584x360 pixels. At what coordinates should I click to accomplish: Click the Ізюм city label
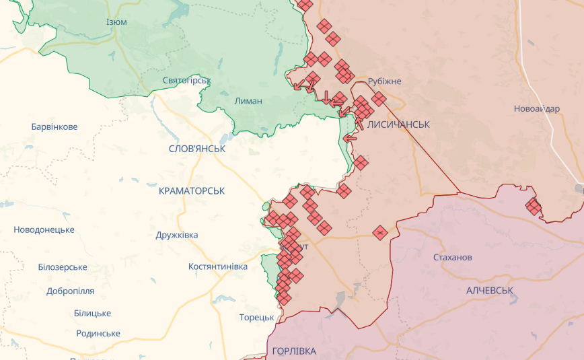click(x=116, y=22)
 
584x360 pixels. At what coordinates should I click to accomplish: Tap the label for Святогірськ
click(x=186, y=80)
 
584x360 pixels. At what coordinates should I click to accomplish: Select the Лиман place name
click(x=248, y=101)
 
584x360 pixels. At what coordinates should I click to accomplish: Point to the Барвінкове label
click(x=54, y=127)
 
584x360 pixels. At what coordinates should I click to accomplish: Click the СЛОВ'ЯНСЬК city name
click(x=197, y=148)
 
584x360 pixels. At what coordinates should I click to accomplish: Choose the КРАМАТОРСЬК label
click(x=192, y=191)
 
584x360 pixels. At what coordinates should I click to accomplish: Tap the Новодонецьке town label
click(x=44, y=229)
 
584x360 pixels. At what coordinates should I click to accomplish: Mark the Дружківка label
click(x=176, y=235)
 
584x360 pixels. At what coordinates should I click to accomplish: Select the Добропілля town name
click(x=70, y=291)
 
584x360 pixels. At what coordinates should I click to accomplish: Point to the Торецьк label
click(x=256, y=318)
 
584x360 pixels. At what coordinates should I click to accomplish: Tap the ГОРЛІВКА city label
click(x=294, y=351)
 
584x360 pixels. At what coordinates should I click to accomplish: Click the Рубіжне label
click(x=385, y=81)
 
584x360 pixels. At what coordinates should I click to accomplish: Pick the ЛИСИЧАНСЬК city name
click(x=399, y=124)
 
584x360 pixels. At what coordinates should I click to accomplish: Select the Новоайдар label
click(x=536, y=109)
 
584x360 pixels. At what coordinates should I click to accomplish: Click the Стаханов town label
click(x=452, y=257)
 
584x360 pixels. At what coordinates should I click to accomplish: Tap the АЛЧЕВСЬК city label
click(x=490, y=290)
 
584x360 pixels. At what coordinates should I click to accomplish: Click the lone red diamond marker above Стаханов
click(x=380, y=233)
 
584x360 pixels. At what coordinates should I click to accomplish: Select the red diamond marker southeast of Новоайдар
click(x=534, y=207)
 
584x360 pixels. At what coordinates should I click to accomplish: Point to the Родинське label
click(x=98, y=333)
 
